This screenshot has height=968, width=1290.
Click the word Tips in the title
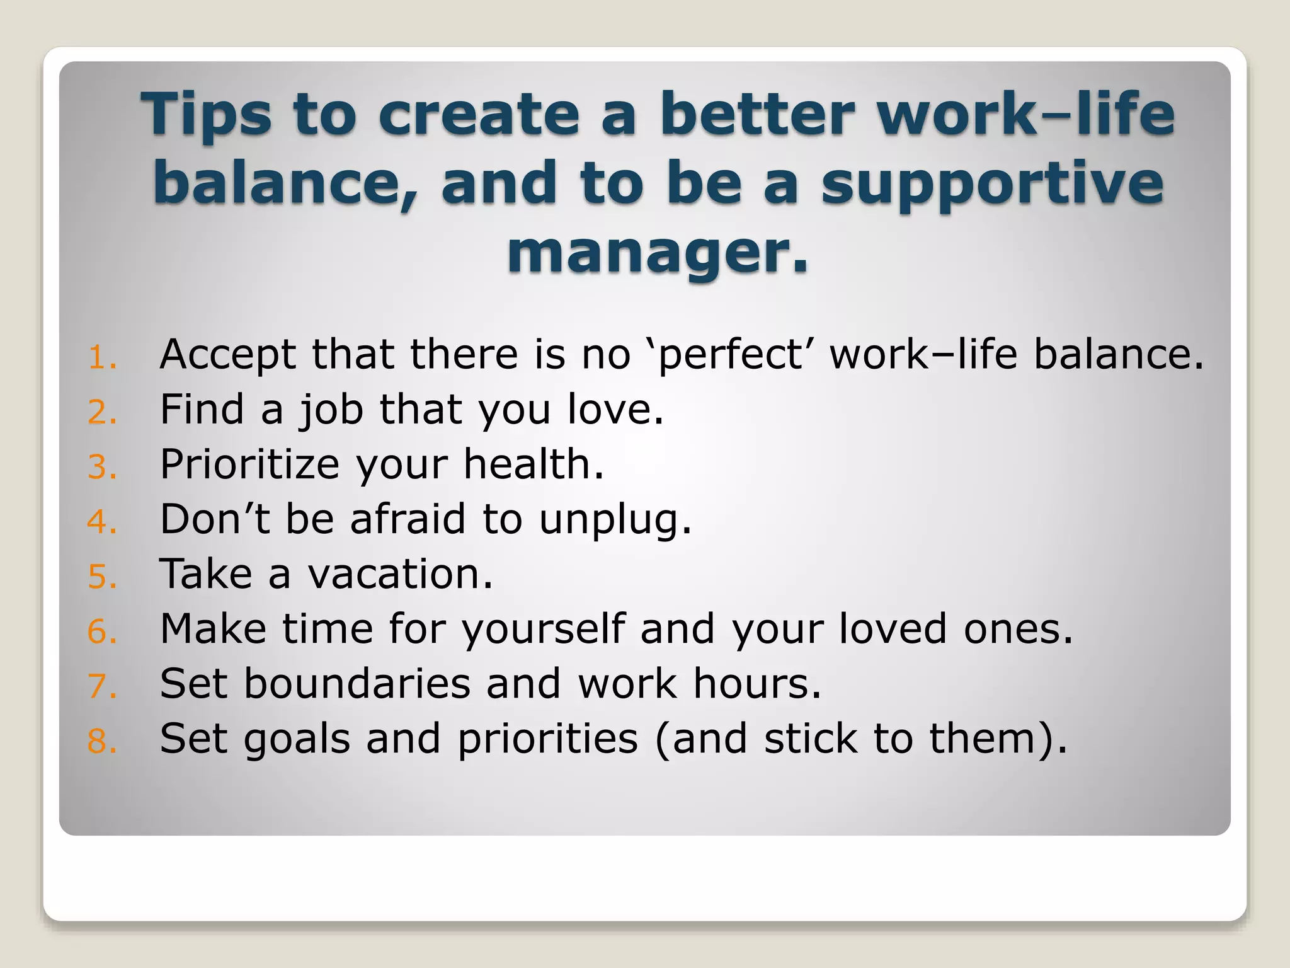tap(206, 115)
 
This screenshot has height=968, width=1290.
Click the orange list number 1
tap(101, 358)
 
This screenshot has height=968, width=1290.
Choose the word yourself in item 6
tap(544, 630)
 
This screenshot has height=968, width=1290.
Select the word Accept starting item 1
tap(227, 354)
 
